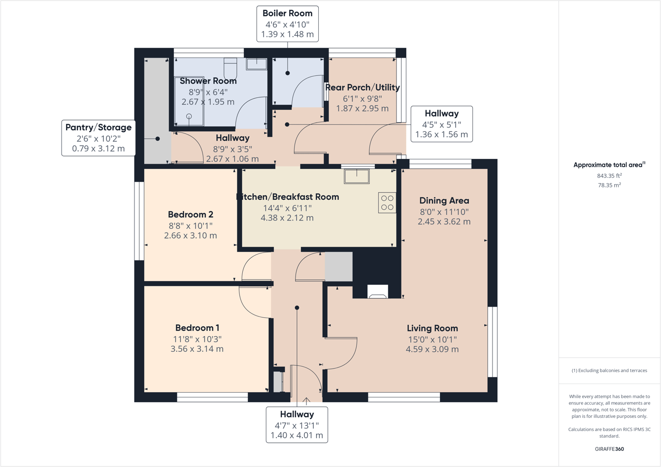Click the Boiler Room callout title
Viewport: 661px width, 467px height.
(287, 13)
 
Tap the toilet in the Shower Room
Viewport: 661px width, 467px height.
(231, 67)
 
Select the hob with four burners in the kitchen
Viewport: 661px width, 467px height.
(387, 203)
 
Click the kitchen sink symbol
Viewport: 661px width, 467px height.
(357, 176)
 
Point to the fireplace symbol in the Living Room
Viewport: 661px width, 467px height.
(378, 292)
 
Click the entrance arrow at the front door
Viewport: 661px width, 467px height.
(306, 401)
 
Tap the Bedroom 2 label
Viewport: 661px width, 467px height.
(190, 215)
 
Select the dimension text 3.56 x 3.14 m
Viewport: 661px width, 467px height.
(197, 349)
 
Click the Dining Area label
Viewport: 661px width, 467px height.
(444, 201)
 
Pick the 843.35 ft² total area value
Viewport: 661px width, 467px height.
(609, 176)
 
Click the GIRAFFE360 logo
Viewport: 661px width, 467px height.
(609, 449)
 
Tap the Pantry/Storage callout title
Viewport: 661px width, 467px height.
(99, 127)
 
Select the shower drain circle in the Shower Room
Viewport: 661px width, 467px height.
(189, 117)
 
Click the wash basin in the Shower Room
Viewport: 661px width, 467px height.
(257, 63)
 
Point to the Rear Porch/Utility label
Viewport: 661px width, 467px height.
(363, 88)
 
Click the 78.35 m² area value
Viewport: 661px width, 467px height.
(609, 185)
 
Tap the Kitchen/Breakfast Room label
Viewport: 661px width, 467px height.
(288, 197)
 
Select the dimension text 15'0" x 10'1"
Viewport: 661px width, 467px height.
(432, 339)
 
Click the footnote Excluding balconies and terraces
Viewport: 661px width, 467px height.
(609, 371)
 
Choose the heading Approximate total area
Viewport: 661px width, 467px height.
(609, 165)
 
